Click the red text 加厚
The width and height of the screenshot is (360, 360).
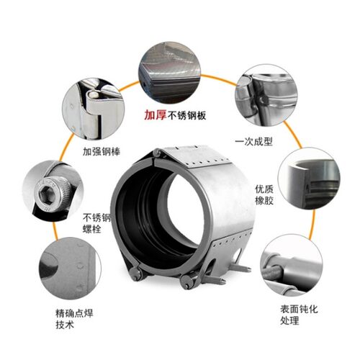click(x=156, y=115)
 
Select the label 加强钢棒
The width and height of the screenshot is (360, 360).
click(x=102, y=152)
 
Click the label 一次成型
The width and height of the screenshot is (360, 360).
click(x=253, y=141)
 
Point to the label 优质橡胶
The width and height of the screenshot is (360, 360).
click(x=264, y=195)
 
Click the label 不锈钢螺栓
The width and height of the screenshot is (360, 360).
click(x=96, y=223)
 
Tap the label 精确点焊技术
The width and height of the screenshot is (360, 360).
click(x=74, y=319)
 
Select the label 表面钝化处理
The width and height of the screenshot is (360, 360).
click(x=299, y=315)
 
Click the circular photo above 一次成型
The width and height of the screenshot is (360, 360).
click(x=266, y=95)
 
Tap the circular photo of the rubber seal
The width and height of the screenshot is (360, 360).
click(x=309, y=178)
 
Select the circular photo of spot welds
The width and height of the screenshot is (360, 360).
click(x=70, y=269)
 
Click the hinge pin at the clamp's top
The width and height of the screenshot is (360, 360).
click(x=158, y=153)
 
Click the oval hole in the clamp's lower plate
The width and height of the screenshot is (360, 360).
click(x=238, y=254)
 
